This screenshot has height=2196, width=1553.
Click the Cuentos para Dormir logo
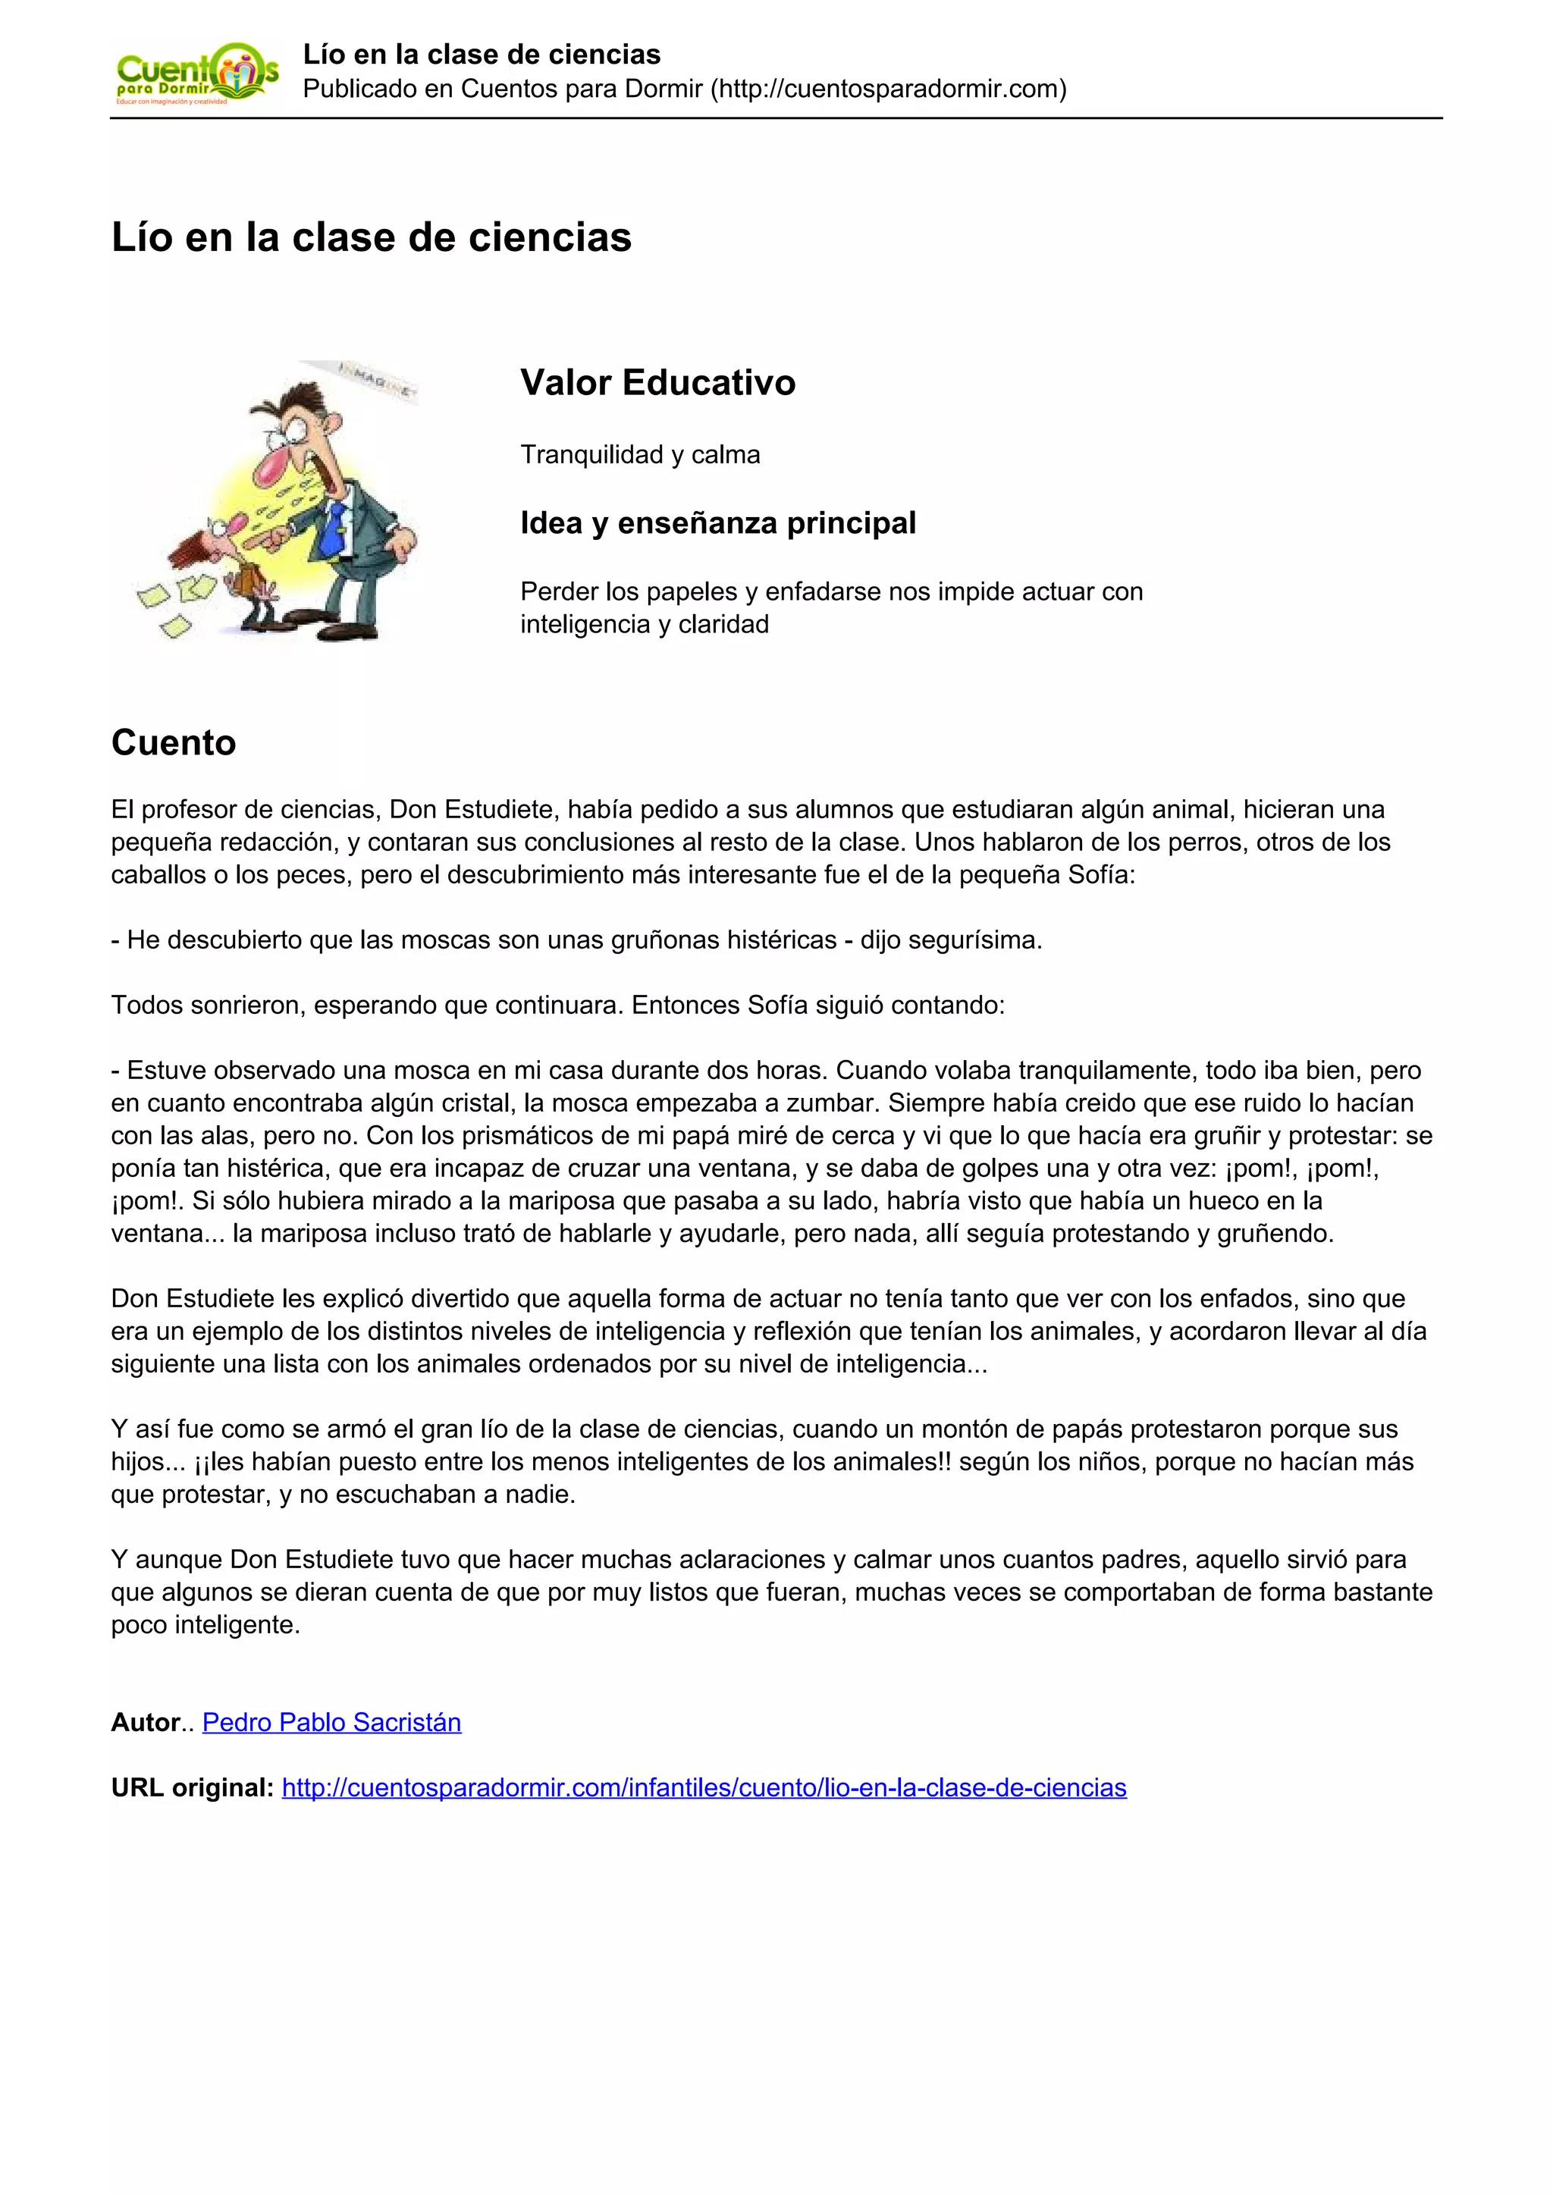tap(196, 74)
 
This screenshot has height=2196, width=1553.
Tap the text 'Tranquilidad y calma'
tap(640, 454)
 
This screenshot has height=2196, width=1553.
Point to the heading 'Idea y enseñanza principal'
tap(717, 523)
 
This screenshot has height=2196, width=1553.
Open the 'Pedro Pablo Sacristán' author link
tap(332, 1723)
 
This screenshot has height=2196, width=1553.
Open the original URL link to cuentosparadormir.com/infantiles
tap(704, 1787)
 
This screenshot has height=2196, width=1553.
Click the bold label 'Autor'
tap(146, 1723)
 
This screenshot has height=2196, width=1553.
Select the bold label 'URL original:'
tap(192, 1787)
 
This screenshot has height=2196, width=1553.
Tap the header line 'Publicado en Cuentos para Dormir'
tap(684, 89)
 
